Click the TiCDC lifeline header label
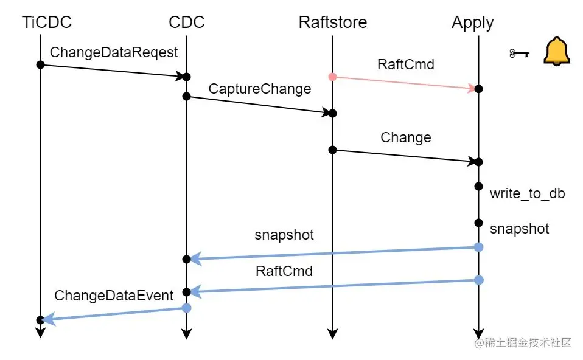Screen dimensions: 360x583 pos(47,22)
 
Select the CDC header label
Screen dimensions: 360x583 pos(187,22)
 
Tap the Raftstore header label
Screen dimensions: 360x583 pos(332,22)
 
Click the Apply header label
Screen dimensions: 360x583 pos(472,23)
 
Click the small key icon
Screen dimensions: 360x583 pos(517,54)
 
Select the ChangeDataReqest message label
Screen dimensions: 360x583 pos(114,52)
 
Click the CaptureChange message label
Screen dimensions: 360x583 pos(260,89)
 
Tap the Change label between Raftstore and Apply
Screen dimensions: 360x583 pos(405,137)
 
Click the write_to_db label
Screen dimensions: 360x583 pos(527,194)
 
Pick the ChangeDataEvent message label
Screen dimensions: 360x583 pos(114,296)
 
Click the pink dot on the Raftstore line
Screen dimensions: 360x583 pos(332,77)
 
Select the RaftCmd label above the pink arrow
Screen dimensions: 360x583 pos(405,64)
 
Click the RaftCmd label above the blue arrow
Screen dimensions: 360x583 pos(284,271)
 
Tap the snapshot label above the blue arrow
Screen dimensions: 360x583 pos(284,235)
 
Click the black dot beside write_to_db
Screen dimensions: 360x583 pos(478,186)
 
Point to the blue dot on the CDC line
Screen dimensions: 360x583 pos(187,308)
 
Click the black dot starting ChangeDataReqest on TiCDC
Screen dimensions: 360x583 pos(40,64)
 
